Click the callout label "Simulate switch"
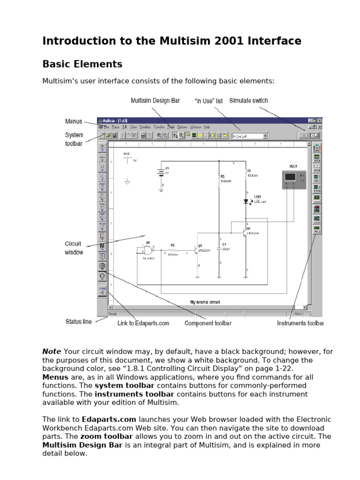point(248,101)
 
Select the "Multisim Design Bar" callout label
point(155,101)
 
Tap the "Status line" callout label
point(78,322)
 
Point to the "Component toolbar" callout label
point(208,323)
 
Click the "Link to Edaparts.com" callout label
point(143,323)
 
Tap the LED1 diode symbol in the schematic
point(246,201)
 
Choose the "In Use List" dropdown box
point(249,136)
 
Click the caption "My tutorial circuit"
point(205,302)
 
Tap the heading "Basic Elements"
point(82,64)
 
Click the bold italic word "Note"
point(52,352)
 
